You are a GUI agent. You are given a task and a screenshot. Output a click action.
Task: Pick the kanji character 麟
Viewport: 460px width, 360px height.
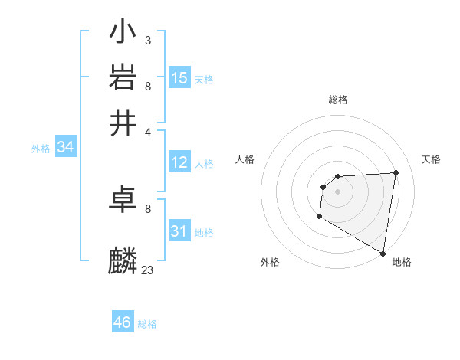click(x=123, y=260)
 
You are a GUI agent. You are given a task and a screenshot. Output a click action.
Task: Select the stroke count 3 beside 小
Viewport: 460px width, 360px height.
click(x=147, y=40)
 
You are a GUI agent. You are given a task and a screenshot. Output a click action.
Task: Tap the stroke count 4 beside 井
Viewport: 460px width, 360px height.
click(x=147, y=131)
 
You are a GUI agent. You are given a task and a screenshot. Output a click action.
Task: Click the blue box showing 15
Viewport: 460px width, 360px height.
click(x=179, y=77)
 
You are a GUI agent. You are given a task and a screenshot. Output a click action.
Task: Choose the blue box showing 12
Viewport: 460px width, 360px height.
click(x=179, y=162)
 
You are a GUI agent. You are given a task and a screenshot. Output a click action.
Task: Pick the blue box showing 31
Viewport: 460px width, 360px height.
click(x=179, y=231)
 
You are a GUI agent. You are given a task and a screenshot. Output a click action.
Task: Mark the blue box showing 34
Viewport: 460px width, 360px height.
click(x=65, y=148)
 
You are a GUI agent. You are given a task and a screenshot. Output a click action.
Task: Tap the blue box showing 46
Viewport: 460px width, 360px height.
click(x=123, y=322)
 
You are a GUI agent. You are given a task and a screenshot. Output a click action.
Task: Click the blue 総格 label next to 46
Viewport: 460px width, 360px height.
click(x=147, y=324)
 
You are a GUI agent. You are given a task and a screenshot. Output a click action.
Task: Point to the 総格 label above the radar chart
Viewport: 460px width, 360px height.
click(x=337, y=100)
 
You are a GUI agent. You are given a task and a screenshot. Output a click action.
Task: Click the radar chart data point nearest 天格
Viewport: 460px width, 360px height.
click(x=396, y=172)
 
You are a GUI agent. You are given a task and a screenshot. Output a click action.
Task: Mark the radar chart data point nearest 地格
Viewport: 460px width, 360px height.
click(x=383, y=252)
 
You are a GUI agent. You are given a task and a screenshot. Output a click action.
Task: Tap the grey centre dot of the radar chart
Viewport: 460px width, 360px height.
click(x=337, y=191)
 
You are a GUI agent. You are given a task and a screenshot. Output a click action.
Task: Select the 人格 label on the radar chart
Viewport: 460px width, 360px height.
click(x=245, y=159)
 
